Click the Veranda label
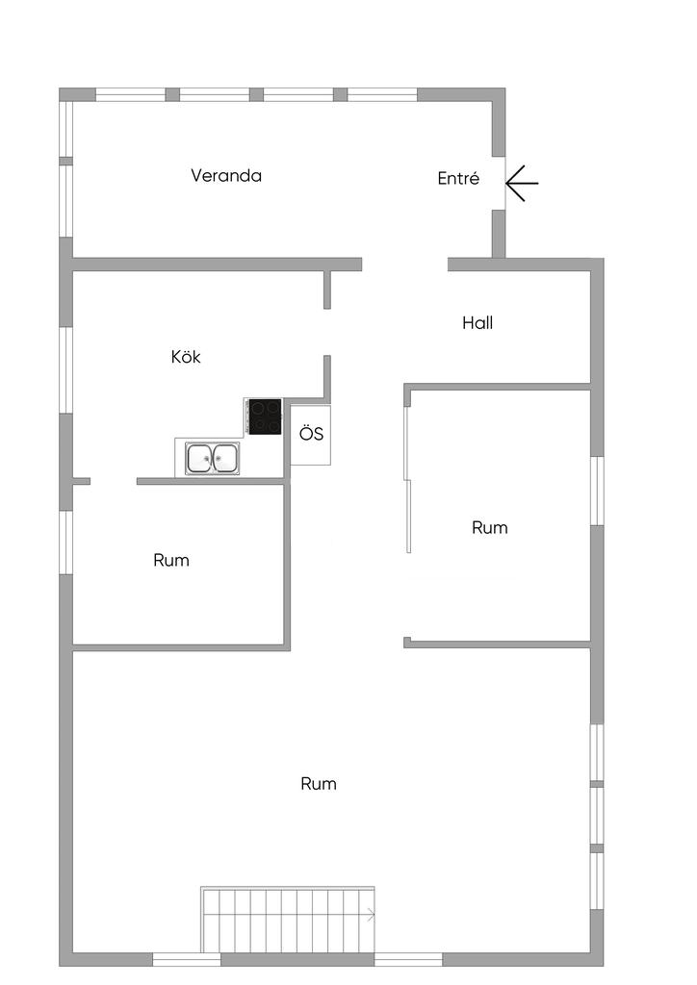pyautogui.click(x=226, y=175)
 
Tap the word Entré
pyautogui.click(x=458, y=178)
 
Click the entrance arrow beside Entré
pyautogui.click(x=523, y=184)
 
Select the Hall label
pyautogui.click(x=478, y=323)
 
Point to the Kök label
pyautogui.click(x=186, y=357)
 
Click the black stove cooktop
pyautogui.click(x=265, y=416)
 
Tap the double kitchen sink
pyautogui.click(x=213, y=458)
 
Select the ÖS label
pyautogui.click(x=311, y=434)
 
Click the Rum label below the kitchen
pyautogui.click(x=171, y=561)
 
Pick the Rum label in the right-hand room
pyautogui.click(x=490, y=528)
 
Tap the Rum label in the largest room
pyautogui.click(x=319, y=784)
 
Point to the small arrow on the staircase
pyautogui.click(x=371, y=916)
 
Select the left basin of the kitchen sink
pyautogui.click(x=199, y=458)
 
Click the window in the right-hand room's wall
pyautogui.click(x=597, y=491)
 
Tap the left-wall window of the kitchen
pyautogui.click(x=66, y=370)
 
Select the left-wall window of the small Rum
pyautogui.click(x=66, y=543)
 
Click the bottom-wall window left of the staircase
pyautogui.click(x=187, y=959)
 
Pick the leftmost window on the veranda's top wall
pyautogui.click(x=131, y=95)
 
